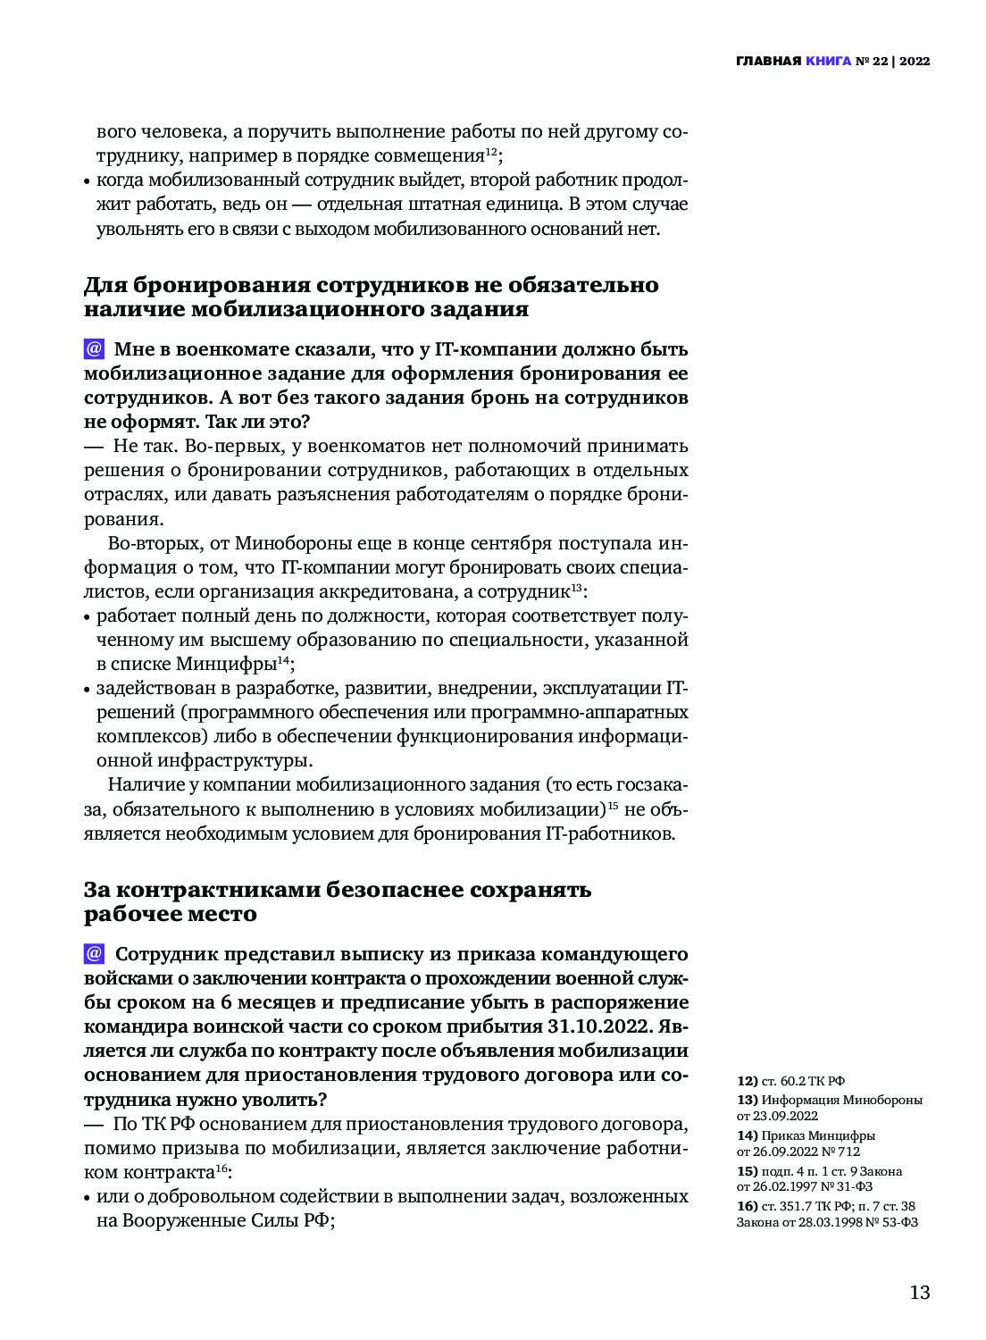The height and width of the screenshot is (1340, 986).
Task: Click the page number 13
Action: coord(919,1293)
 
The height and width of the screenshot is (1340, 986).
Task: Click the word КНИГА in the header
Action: coord(828,62)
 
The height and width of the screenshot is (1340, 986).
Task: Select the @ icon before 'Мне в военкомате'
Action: coord(94,349)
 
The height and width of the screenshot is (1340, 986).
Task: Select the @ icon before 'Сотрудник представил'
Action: coord(94,954)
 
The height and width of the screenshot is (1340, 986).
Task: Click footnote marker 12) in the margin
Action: coord(747,1081)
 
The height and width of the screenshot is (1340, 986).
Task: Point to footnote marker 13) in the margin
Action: coord(747,1101)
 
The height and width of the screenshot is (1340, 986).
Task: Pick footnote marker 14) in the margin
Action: coord(747,1136)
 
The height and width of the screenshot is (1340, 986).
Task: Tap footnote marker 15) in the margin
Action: coord(747,1171)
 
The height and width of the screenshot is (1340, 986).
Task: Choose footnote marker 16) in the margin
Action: coord(747,1207)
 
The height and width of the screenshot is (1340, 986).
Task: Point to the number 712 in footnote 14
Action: coord(848,1152)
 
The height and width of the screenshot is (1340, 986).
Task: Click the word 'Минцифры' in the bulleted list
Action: coord(225,665)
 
